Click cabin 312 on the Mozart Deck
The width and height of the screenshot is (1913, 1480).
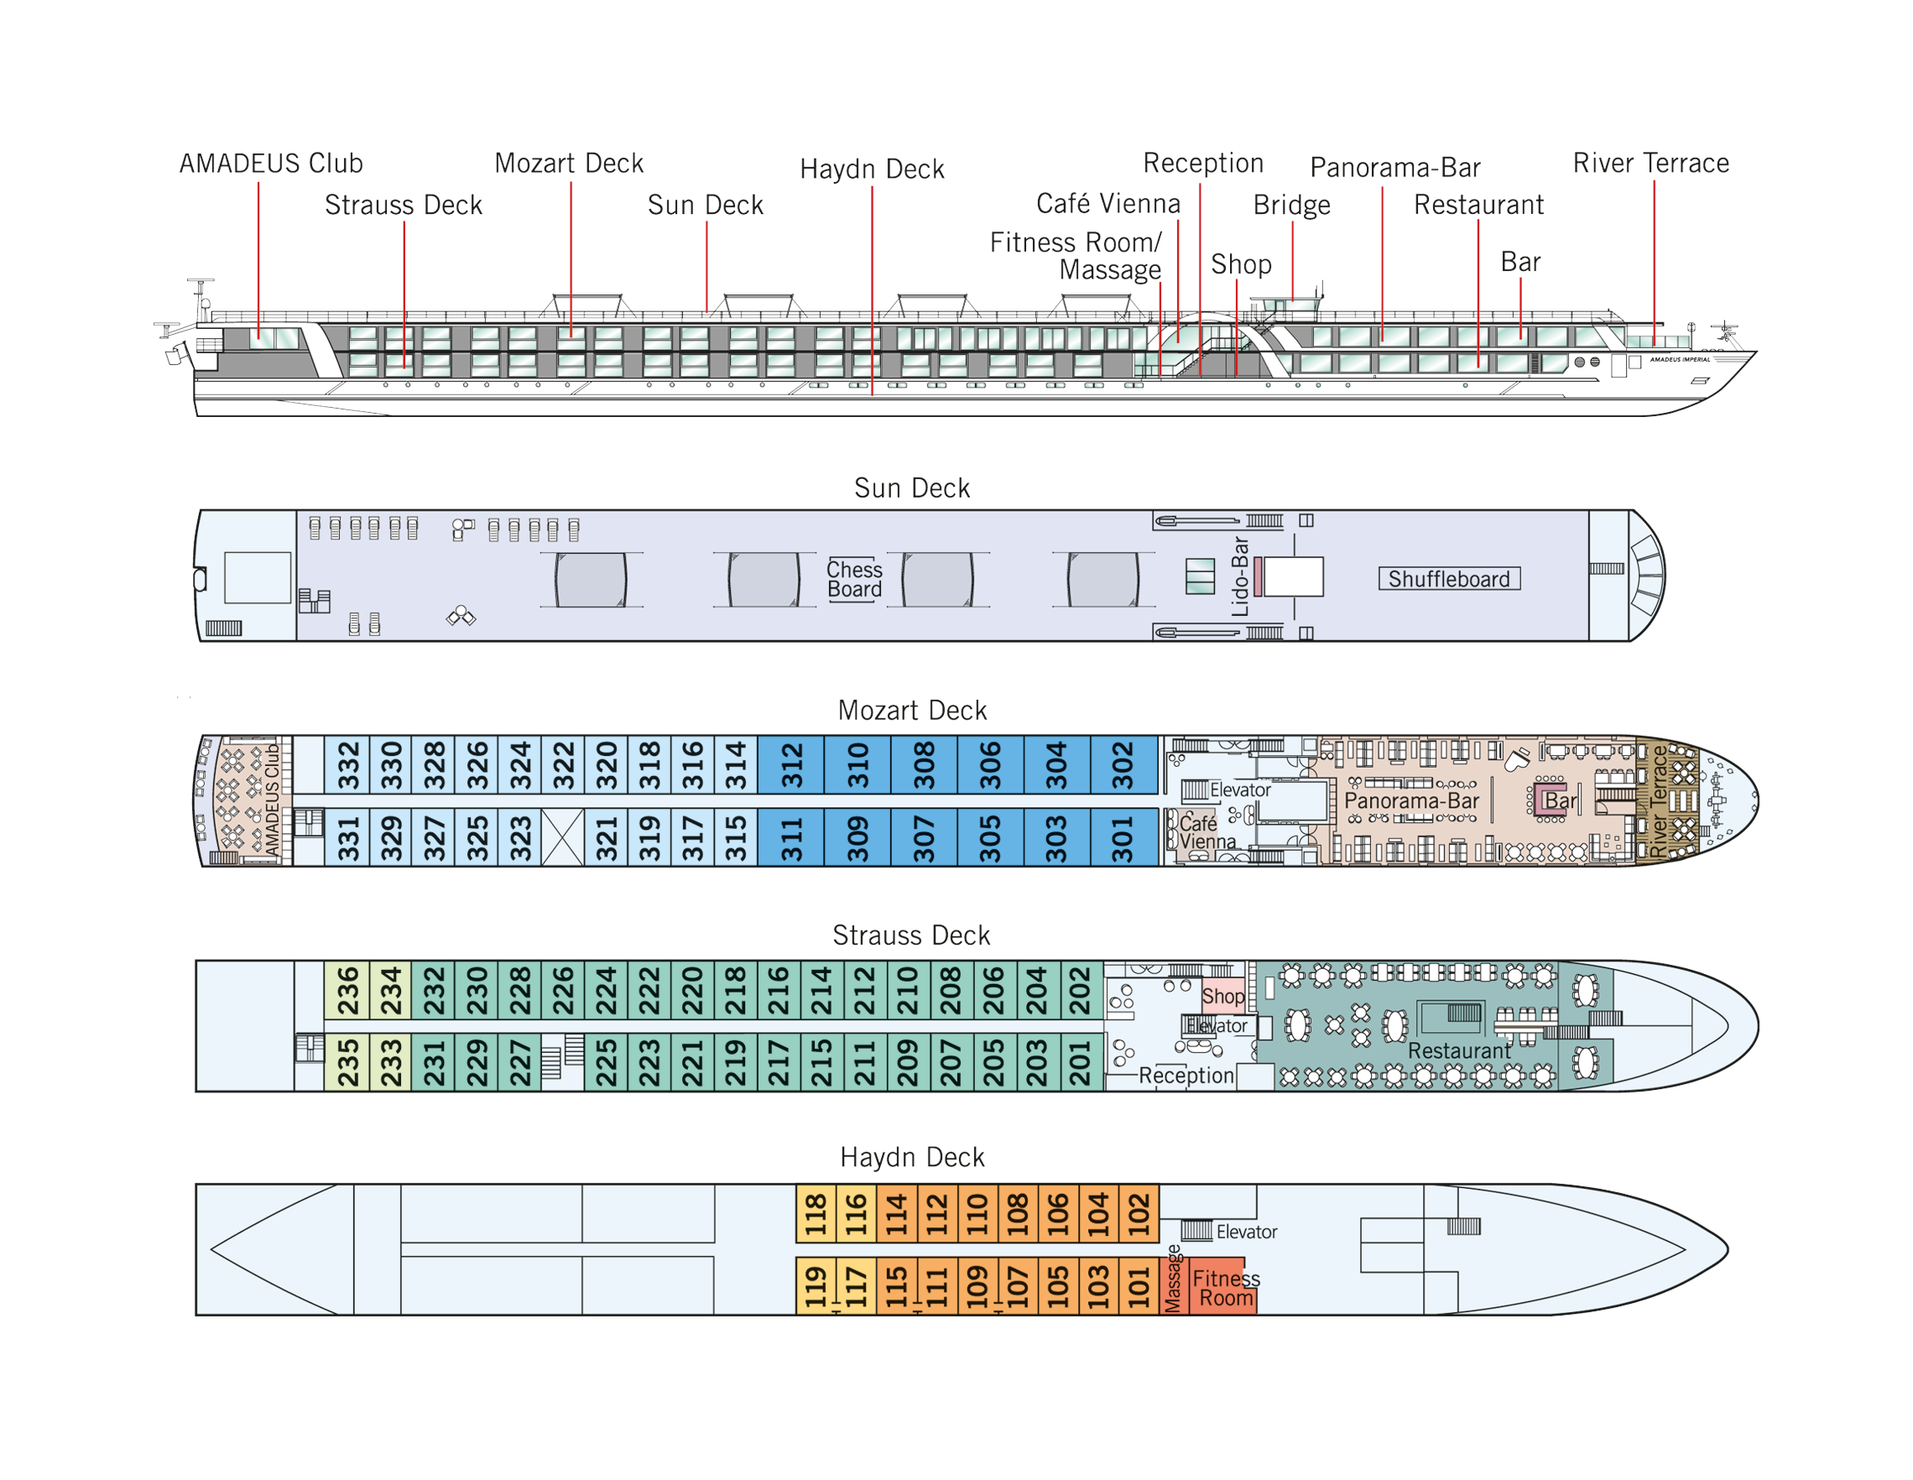(791, 764)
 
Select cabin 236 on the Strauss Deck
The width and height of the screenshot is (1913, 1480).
(347, 989)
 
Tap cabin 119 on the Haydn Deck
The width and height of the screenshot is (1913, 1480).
(816, 1285)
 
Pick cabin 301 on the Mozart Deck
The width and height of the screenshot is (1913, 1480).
(1123, 837)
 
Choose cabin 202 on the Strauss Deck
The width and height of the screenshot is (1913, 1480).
(1082, 989)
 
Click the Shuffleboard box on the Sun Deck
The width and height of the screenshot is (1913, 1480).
(1450, 579)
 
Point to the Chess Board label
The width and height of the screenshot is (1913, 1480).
(855, 579)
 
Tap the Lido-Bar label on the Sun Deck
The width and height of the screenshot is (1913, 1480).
(1239, 576)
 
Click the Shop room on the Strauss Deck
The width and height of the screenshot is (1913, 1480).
(1222, 996)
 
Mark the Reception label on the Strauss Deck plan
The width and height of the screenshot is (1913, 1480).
(1186, 1075)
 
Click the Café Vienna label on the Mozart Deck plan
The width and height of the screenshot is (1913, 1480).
(1207, 832)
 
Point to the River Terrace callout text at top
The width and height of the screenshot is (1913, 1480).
(1651, 163)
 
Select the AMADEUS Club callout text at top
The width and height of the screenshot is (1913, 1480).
(272, 163)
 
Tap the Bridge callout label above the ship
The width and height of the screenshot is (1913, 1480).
(1292, 205)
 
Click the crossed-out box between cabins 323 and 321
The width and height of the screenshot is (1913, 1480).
(562, 837)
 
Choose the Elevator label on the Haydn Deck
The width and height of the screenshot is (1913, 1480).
(1247, 1232)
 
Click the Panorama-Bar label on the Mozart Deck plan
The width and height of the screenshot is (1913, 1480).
(1411, 800)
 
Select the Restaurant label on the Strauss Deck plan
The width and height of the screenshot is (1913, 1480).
(1459, 1050)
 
